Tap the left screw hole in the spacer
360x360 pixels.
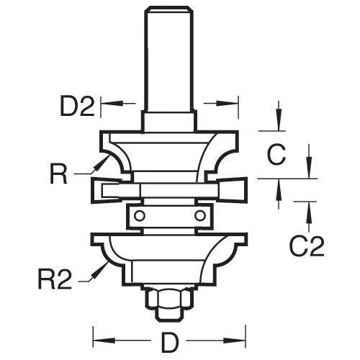(x=143, y=215)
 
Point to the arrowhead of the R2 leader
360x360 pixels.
(x=104, y=265)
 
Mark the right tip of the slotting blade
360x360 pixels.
(x=246, y=189)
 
